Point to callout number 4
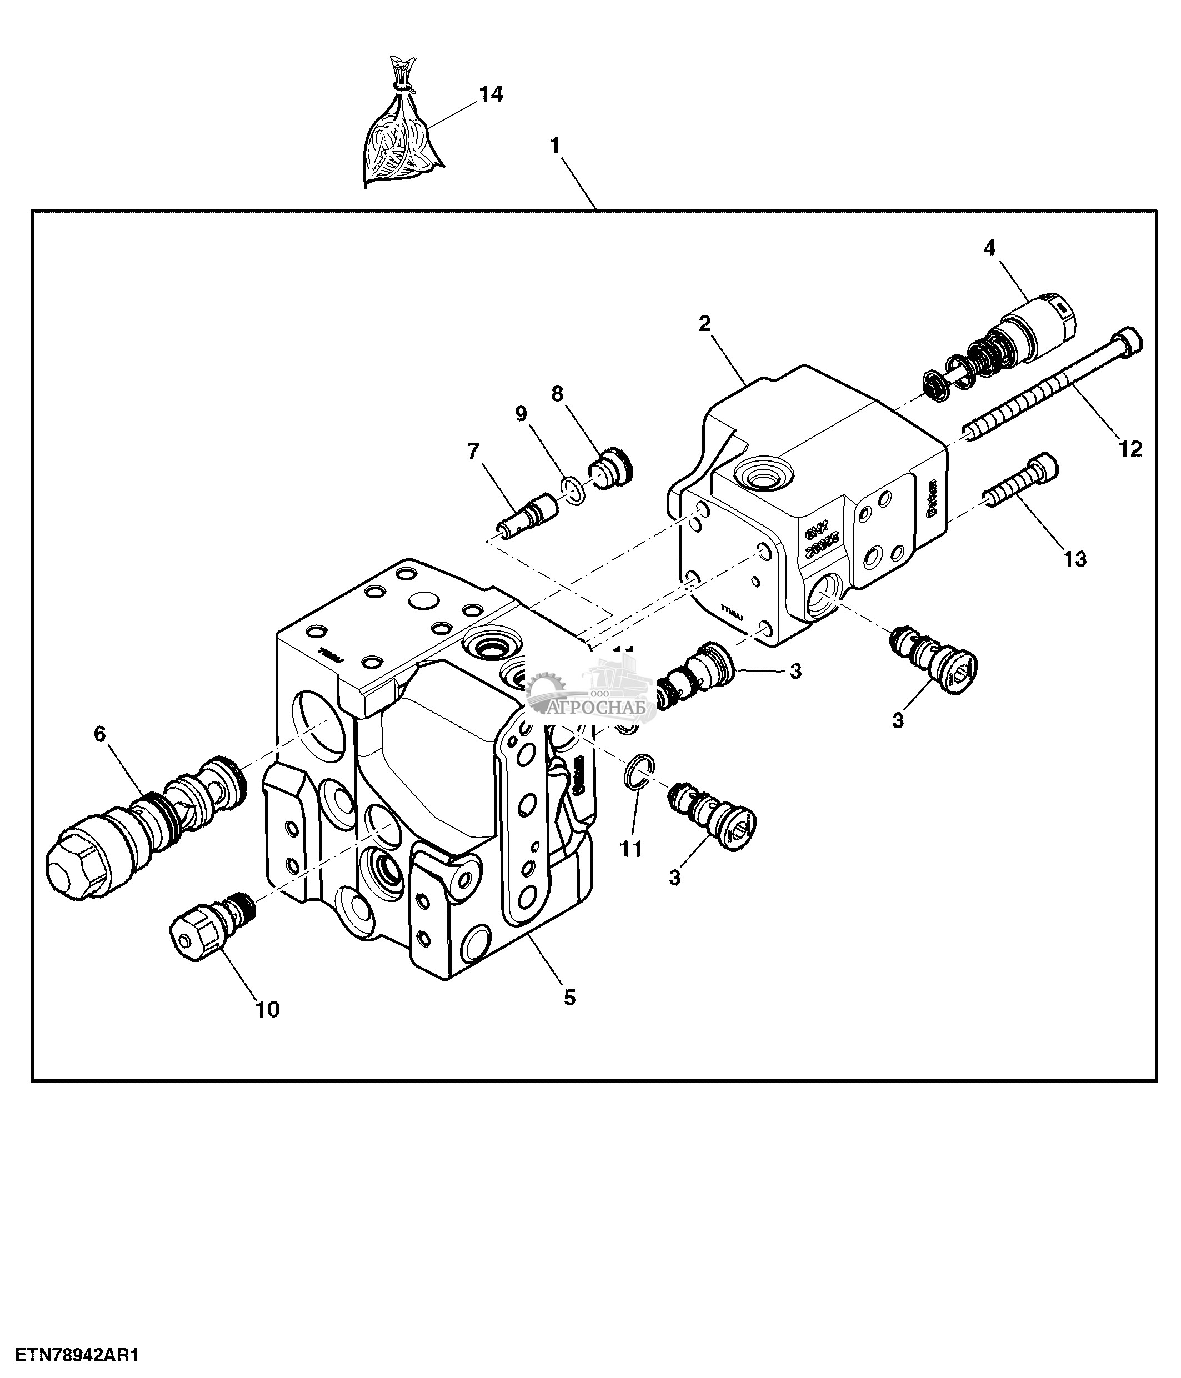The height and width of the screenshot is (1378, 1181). (989, 248)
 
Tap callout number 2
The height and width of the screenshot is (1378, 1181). (704, 324)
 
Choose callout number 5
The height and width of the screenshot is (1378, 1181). (569, 997)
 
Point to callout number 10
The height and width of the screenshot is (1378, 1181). (267, 1010)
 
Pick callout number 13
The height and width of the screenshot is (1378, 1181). (1074, 559)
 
